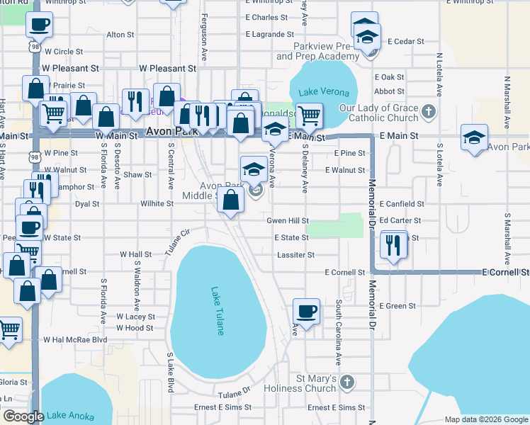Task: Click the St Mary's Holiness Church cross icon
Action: pyautogui.click(x=346, y=382)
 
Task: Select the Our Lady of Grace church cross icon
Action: pyautogui.click(x=428, y=111)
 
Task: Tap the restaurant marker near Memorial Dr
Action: pyautogui.click(x=391, y=244)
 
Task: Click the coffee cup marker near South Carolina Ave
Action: pyautogui.click(x=306, y=312)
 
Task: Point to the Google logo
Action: pyautogui.click(x=23, y=416)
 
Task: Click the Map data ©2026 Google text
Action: pyautogui.click(x=485, y=419)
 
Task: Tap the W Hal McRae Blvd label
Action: pyautogui.click(x=75, y=340)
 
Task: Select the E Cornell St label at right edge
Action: pyautogui.click(x=506, y=272)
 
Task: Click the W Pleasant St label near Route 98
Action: pyautogui.click(x=70, y=69)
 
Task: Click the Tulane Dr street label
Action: pyautogui.click(x=235, y=394)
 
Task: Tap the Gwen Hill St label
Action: pyautogui.click(x=287, y=221)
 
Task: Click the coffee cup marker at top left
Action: pyautogui.click(x=38, y=25)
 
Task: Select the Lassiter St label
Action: pyautogui.click(x=296, y=255)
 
